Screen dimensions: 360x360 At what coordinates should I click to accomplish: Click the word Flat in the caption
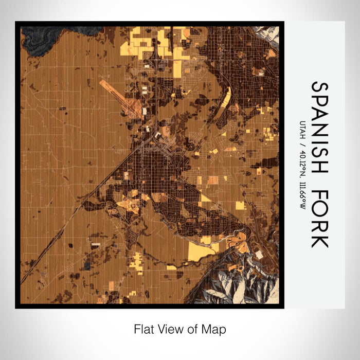pos(144,328)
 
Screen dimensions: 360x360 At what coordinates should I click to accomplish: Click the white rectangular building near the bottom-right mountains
pos(259,255)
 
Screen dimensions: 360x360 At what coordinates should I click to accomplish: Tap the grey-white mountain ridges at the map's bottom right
pos(242,283)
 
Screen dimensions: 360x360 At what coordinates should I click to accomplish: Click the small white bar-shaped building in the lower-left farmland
pos(96,246)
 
